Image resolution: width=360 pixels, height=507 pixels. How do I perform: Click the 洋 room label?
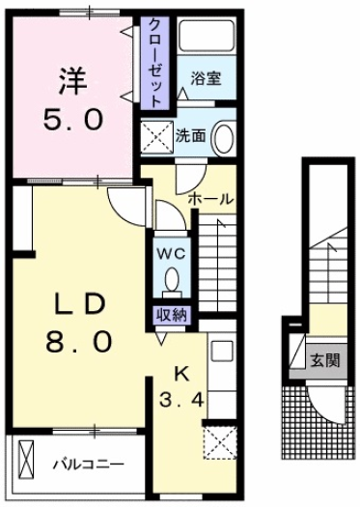pyautogui.click(x=73, y=80)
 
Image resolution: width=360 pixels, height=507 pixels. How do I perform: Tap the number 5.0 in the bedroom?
pyautogui.click(x=73, y=120)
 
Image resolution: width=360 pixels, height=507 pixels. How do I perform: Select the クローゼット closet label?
pyautogui.click(x=155, y=63)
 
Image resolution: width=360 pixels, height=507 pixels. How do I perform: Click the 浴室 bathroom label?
pyautogui.click(x=206, y=78)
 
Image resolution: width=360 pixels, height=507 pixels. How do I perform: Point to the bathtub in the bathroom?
pyautogui.click(x=207, y=36)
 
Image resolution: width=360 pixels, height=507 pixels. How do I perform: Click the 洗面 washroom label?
pyautogui.click(x=191, y=136)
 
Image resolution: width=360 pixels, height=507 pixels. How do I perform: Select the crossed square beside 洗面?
pyautogui.click(x=156, y=135)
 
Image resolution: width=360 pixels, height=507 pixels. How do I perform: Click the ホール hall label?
pyautogui.click(x=210, y=199)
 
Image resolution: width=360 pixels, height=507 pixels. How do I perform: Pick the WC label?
pyautogui.click(x=171, y=254)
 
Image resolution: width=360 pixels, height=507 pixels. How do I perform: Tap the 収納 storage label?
pyautogui.click(x=172, y=315)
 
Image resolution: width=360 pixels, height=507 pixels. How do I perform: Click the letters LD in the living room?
pyautogui.click(x=80, y=305)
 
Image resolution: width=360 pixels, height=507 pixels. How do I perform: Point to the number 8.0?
pyautogui.click(x=79, y=342)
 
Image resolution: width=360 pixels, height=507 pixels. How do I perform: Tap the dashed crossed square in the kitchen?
pyautogui.click(x=220, y=442)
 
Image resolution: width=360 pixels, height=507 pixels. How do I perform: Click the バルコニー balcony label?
pyautogui.click(x=89, y=465)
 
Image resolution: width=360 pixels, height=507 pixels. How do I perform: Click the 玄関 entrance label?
pyautogui.click(x=325, y=360)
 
